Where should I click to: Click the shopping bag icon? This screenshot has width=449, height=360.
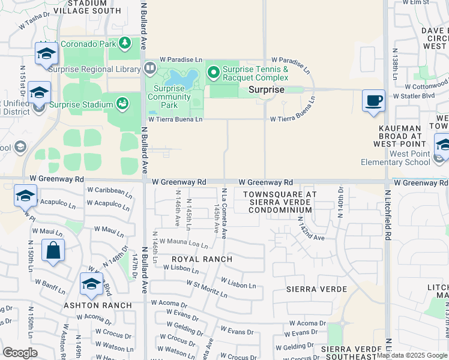point(53,250)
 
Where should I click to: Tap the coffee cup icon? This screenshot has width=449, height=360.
point(373,100)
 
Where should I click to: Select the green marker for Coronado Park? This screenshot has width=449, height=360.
point(125,43)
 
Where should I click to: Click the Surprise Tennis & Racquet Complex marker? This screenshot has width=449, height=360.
point(213,73)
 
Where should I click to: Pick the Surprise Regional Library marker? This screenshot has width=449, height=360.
point(148,69)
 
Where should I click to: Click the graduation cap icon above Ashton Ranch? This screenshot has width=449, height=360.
point(91,284)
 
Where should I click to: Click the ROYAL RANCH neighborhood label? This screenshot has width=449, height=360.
point(202,259)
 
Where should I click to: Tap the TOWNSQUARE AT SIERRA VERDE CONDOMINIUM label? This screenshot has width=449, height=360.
point(279,202)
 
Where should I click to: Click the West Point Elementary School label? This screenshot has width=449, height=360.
point(395,158)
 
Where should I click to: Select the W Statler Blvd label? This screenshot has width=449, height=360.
point(413,95)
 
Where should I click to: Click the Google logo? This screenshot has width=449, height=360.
point(20,352)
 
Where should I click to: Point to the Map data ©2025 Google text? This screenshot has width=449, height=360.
point(412,355)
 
